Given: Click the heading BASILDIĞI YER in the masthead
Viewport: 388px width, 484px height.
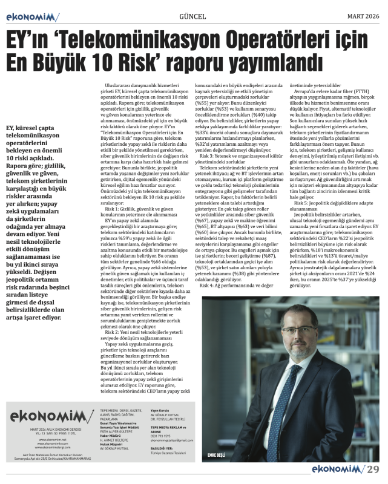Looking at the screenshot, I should [161, 448].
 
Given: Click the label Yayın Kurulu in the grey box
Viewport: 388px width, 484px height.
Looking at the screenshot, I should [160, 410].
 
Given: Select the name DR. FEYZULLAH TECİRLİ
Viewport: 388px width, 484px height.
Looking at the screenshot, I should [171, 419].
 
